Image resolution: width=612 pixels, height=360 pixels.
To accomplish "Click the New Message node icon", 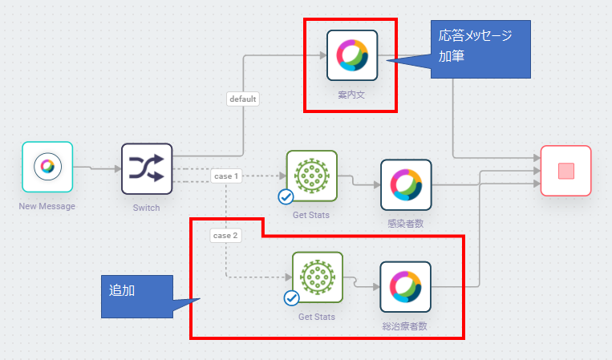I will pyautogui.click(x=47, y=167).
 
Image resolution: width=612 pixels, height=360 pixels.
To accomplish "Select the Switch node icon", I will pyautogui.click(x=147, y=168).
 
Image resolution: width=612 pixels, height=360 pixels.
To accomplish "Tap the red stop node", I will pyautogui.click(x=565, y=171).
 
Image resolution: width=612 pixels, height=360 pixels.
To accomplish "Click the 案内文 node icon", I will pyautogui.click(x=352, y=55).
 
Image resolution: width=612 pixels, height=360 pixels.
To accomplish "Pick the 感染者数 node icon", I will pyautogui.click(x=406, y=185).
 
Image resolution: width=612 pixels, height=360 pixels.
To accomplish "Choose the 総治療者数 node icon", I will pyautogui.click(x=406, y=287).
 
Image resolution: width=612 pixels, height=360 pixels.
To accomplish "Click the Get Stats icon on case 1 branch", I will pyautogui.click(x=312, y=176).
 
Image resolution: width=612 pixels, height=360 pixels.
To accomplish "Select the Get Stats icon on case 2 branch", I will pyautogui.click(x=317, y=277).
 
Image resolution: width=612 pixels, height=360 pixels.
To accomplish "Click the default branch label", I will pyautogui.click(x=242, y=99).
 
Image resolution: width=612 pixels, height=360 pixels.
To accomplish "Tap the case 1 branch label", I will pyautogui.click(x=227, y=175).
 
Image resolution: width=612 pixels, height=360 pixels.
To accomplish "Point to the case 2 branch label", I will pyautogui.click(x=225, y=235).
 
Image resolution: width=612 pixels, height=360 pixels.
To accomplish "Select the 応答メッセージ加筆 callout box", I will pyautogui.click(x=480, y=48).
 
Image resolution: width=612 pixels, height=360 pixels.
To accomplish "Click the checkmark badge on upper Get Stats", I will pyautogui.click(x=285, y=196).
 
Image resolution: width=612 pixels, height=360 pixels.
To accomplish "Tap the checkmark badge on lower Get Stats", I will pyautogui.click(x=291, y=298).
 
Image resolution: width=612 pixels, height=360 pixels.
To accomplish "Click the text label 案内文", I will pyautogui.click(x=352, y=95).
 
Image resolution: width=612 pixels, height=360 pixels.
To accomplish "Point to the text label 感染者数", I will pyautogui.click(x=406, y=224).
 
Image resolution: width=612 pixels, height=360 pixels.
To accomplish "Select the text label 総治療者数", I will pyautogui.click(x=404, y=326).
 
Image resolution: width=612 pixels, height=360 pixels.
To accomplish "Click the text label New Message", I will pyautogui.click(x=47, y=207).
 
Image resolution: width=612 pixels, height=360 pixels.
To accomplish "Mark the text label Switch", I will pyautogui.click(x=146, y=208).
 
